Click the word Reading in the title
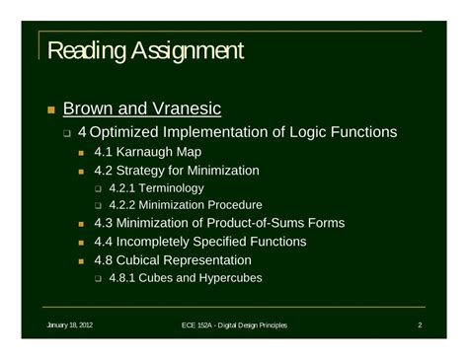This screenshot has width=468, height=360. pos(84,50)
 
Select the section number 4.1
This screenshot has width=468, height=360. pos(106,152)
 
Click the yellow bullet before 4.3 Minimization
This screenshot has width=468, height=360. pos(83,225)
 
